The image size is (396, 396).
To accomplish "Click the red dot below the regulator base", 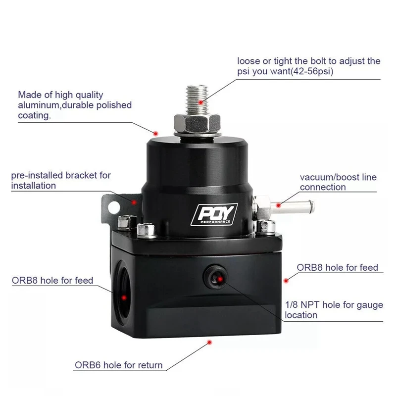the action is tap(209, 342).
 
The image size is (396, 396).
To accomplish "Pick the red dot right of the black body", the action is tap(285, 280).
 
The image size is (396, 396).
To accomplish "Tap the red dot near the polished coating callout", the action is tap(155, 133).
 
